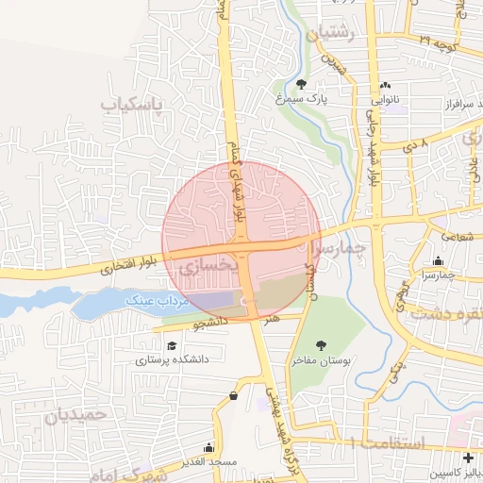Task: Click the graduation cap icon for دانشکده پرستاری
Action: [171, 345]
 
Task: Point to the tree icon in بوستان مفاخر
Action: [322, 345]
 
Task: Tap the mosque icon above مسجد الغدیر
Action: [209, 448]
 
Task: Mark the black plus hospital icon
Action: [468, 458]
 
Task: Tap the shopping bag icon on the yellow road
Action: [233, 396]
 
